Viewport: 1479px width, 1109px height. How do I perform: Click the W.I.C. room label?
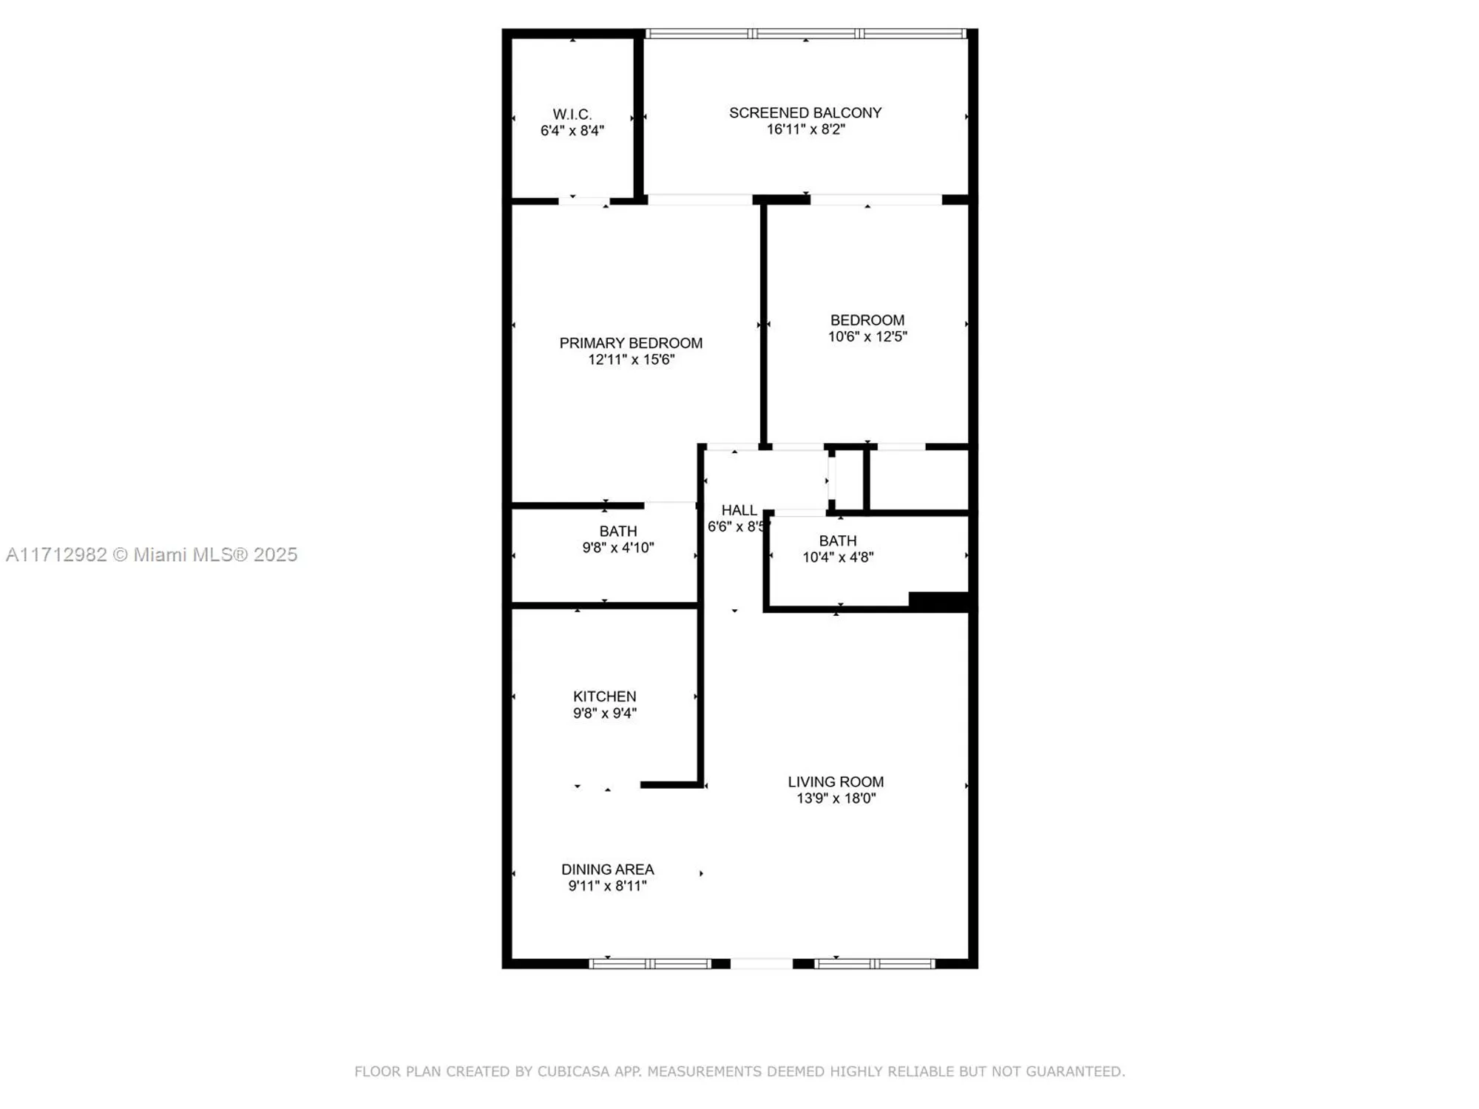coord(572,115)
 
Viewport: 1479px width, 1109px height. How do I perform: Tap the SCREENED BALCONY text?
coord(805,113)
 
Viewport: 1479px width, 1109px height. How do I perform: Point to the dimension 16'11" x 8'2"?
coord(805,129)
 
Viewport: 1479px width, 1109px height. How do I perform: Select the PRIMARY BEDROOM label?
coord(631,343)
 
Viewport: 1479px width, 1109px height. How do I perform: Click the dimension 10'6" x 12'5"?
coord(867,337)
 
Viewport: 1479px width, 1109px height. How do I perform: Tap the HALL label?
coord(739,510)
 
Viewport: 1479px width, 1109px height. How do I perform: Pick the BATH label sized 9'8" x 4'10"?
coord(618,532)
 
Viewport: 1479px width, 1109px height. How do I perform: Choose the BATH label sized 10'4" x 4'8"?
coord(838,541)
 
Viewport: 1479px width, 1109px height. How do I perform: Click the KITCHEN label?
coord(604,696)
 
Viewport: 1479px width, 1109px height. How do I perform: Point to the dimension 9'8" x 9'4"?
coord(604,713)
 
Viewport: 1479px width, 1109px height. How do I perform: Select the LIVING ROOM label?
coord(836,781)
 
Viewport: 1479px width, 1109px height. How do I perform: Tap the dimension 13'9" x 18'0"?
coord(836,798)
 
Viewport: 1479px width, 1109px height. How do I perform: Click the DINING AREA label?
coord(607,869)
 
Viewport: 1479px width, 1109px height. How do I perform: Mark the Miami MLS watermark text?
coord(152,554)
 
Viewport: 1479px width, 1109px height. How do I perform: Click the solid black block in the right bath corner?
coord(938,601)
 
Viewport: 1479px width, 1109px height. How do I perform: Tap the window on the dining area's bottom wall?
coord(649,963)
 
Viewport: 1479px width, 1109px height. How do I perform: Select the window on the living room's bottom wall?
coord(874,963)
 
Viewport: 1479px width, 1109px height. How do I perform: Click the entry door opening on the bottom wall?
coord(761,963)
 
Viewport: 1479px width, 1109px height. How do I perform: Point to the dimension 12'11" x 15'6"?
coord(631,360)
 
